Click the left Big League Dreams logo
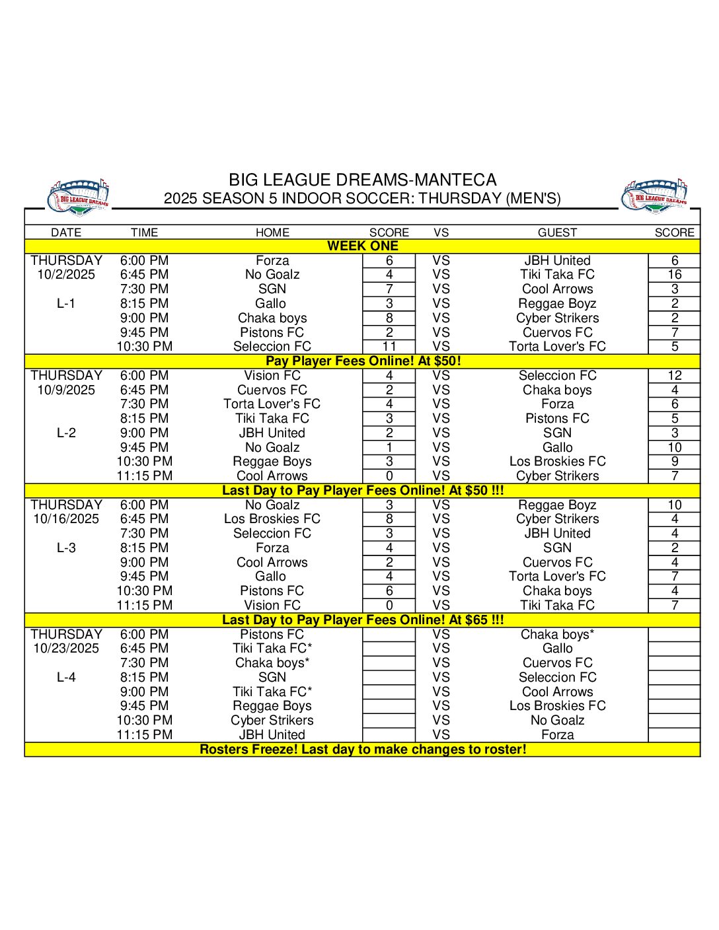[x=79, y=196]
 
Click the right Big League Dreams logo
[x=655, y=196]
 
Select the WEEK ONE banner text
[x=363, y=246]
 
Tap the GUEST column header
[x=557, y=232]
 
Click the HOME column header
[x=272, y=232]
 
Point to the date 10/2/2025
[x=66, y=275]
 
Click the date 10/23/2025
[x=66, y=649]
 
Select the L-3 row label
[x=66, y=548]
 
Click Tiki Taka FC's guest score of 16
[x=674, y=275]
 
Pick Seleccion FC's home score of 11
[x=389, y=347]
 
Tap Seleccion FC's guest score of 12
[x=674, y=376]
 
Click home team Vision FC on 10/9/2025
[x=272, y=376]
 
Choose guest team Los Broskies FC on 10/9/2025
[x=557, y=462]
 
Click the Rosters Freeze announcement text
[x=363, y=750]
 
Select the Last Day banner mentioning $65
[x=363, y=620]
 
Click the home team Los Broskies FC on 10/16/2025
[x=272, y=519]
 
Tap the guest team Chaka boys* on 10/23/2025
[x=557, y=635]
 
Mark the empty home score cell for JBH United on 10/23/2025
[x=389, y=735]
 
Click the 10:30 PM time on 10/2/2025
[x=144, y=347]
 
